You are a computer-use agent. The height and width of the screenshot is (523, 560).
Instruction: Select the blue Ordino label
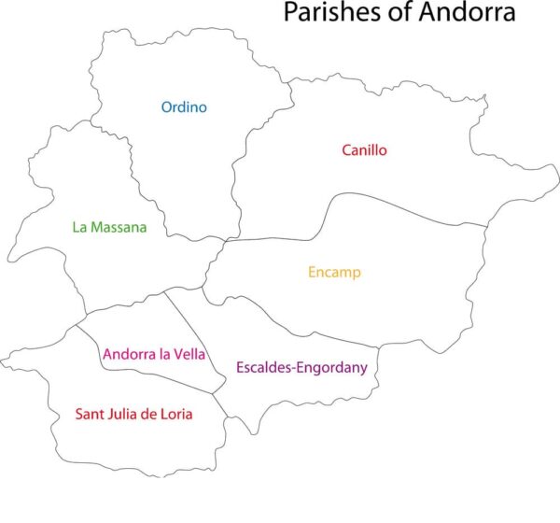pyautogui.click(x=184, y=107)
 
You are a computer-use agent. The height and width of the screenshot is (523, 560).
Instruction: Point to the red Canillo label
pyautogui.click(x=364, y=149)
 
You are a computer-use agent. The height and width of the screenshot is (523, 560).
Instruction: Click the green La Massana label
pyautogui.click(x=109, y=227)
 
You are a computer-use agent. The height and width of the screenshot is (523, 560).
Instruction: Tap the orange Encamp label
pyautogui.click(x=334, y=273)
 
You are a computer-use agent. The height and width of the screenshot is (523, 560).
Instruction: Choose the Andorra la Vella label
pyautogui.click(x=154, y=355)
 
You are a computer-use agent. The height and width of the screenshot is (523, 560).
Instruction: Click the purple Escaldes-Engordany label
pyautogui.click(x=301, y=367)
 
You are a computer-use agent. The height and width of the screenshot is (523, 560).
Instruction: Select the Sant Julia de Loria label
pyautogui.click(x=133, y=414)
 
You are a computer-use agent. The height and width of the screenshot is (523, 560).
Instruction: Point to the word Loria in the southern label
pyautogui.click(x=175, y=414)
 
